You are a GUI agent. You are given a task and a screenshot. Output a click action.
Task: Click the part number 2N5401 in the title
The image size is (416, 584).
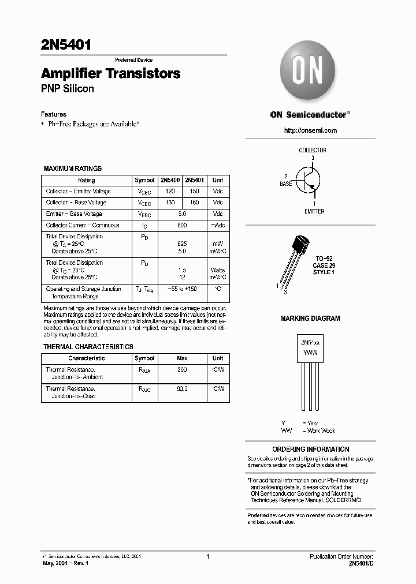pos(65,45)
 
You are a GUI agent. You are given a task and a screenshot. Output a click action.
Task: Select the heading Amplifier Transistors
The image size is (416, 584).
pos(110,74)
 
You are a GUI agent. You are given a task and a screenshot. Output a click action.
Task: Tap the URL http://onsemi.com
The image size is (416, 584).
pos(311,130)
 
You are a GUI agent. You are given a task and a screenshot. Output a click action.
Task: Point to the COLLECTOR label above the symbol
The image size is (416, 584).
pos(313,150)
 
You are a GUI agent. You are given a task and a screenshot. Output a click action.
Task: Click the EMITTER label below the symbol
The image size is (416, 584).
pos(314,211)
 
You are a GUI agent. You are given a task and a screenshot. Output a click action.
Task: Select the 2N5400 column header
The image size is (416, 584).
pos(170,180)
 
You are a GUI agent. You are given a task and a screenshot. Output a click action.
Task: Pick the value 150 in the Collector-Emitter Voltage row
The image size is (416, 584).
pos(194,191)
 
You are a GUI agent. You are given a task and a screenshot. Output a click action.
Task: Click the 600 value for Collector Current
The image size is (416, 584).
pos(182,225)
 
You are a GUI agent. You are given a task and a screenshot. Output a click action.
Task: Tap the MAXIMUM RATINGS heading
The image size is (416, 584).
pos(73,169)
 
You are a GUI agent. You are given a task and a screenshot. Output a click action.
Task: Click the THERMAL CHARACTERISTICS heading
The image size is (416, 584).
pos(88,347)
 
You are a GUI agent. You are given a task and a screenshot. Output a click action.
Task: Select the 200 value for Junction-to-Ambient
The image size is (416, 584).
pos(182,369)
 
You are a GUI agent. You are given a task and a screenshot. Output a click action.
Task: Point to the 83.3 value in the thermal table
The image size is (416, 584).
pos(182,389)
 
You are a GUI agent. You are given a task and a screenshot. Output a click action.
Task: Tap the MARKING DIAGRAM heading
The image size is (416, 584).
pos(310,319)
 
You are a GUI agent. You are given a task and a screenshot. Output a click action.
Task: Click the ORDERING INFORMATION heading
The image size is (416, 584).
pos(310,449)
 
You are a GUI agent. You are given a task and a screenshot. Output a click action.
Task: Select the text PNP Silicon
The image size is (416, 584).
pos(67,89)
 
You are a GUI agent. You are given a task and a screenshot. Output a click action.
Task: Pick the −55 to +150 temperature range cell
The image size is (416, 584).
pos(182,289)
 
